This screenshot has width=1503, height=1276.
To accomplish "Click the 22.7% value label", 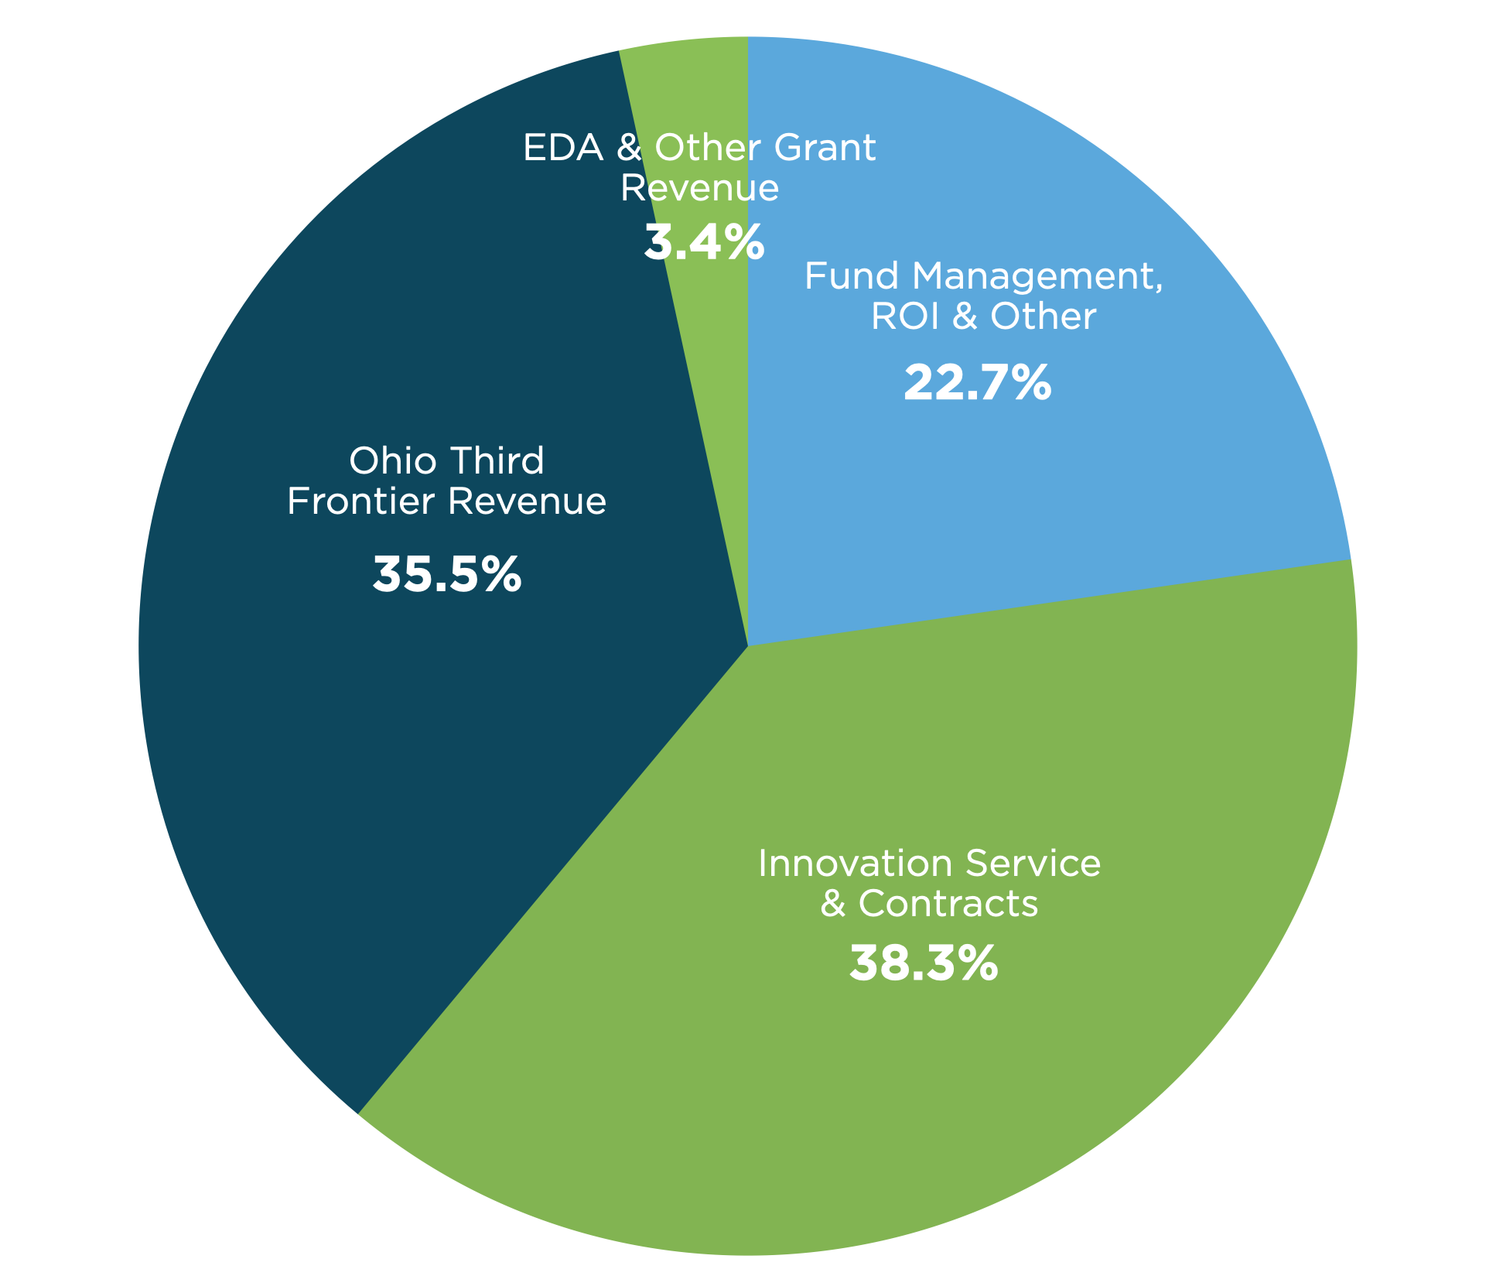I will (977, 383).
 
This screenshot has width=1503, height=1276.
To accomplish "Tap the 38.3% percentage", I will (924, 963).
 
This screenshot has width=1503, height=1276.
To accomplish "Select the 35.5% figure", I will (447, 575).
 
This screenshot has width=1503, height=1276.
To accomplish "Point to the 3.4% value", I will (704, 243).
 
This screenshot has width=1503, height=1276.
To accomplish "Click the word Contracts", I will (948, 903).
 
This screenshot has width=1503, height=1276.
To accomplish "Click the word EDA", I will (562, 148).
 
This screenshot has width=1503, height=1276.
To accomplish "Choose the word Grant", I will (825, 148).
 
